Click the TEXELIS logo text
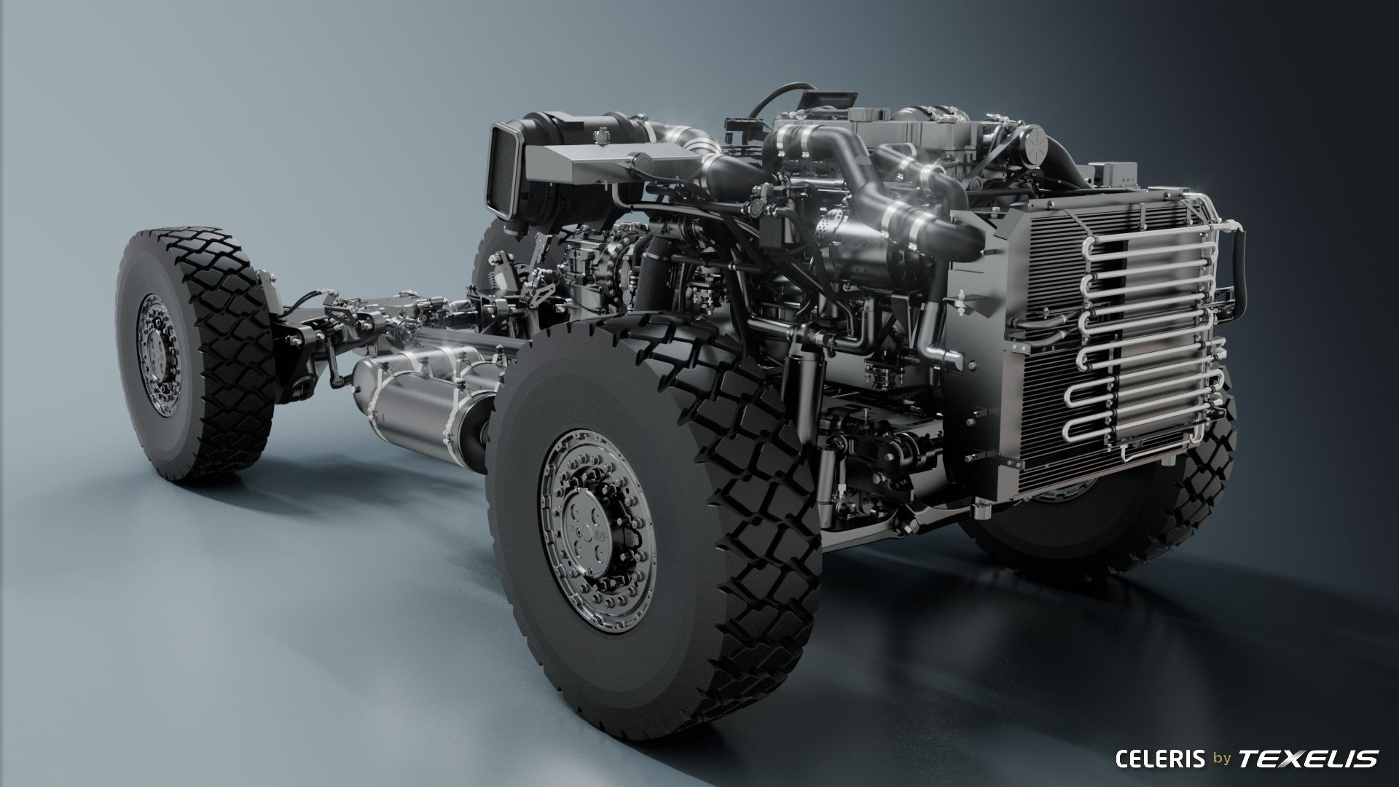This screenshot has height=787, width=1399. tap(1309, 759)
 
